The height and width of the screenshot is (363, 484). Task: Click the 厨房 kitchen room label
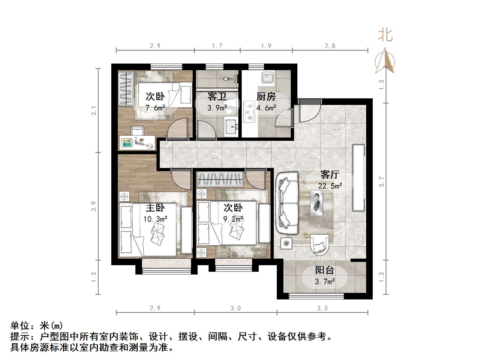[x=266, y=96]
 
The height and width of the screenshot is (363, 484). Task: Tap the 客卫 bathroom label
[x=217, y=96]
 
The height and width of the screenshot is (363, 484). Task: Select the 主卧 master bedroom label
[x=155, y=208]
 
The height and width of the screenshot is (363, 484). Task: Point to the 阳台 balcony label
[x=324, y=270]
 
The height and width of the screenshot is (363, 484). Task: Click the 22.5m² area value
[x=330, y=186]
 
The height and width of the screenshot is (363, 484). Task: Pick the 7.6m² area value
[x=155, y=108]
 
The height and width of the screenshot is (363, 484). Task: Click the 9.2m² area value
[x=233, y=219]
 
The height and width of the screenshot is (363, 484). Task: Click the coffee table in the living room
[x=316, y=203]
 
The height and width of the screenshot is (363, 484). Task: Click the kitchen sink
[x=267, y=78]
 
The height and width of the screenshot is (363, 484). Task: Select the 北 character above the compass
[x=385, y=35]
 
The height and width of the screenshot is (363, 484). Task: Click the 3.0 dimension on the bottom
[x=235, y=308]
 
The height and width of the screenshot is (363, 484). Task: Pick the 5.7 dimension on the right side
[x=382, y=182]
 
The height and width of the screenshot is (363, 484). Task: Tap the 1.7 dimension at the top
[x=217, y=46]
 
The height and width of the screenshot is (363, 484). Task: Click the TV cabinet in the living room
[x=358, y=178]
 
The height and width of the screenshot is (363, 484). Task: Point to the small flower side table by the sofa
[x=286, y=243]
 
